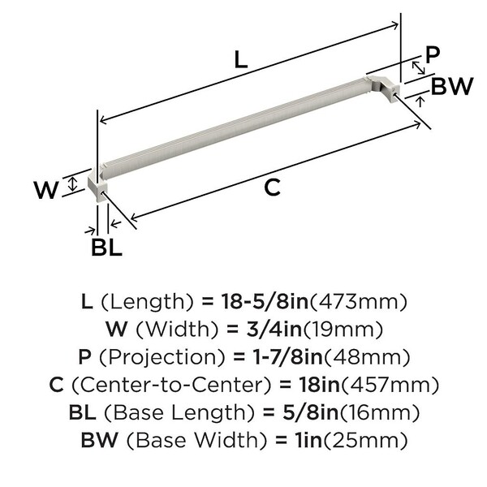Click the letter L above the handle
241,59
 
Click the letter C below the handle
272,187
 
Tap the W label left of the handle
46,190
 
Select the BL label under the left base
106,248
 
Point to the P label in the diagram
433,54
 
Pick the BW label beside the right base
452,86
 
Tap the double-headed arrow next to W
72,184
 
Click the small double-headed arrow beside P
418,67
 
